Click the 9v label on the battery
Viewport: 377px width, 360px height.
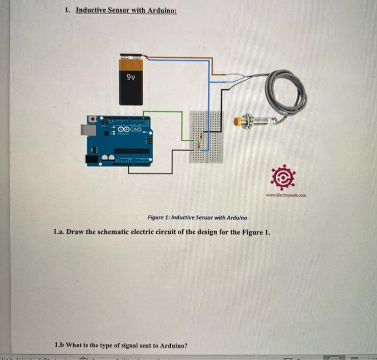click(x=131, y=77)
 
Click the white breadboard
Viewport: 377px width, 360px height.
click(x=206, y=137)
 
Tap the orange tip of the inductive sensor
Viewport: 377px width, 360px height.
click(x=236, y=122)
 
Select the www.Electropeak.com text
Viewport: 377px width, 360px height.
click(x=285, y=196)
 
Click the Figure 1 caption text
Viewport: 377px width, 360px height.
click(x=197, y=218)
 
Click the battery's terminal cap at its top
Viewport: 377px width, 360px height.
click(x=130, y=56)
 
